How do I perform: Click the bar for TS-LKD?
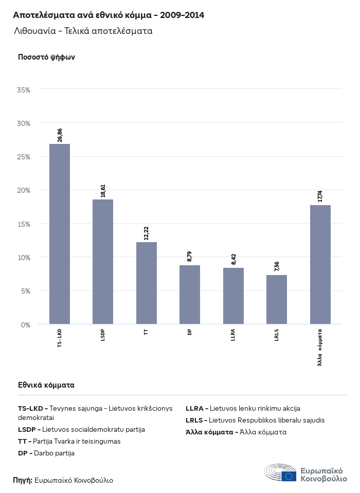[60, 234]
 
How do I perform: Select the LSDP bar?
[103, 262]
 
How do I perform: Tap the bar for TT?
[147, 283]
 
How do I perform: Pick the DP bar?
[190, 295]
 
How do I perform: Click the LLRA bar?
[233, 296]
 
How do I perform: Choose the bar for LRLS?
[277, 299]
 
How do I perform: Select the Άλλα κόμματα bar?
[320, 264]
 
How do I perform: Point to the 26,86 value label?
[60, 135]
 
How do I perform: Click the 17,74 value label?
[320, 196]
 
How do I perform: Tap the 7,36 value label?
[277, 266]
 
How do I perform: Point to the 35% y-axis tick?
[24, 90]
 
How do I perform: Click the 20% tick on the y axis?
[24, 190]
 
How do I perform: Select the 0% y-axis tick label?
[26, 324]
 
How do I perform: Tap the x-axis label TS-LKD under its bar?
[60, 338]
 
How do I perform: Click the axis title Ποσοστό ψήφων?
[46, 57]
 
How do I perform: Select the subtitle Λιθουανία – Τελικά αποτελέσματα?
[83, 31]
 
